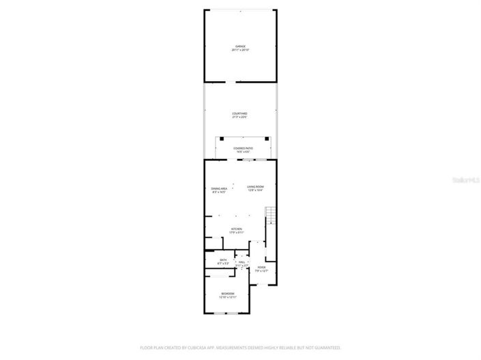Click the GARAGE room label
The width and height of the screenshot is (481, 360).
(x=240, y=46)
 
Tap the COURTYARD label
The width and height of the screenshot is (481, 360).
(x=239, y=113)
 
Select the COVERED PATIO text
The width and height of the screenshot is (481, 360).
(x=243, y=148)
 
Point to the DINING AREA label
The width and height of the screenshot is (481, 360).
(x=218, y=188)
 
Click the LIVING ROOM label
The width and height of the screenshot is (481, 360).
(x=255, y=186)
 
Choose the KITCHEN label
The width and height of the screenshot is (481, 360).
(x=237, y=229)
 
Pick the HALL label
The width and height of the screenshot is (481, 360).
(x=242, y=261)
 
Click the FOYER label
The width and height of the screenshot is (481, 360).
(x=261, y=267)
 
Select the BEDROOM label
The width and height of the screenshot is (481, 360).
(x=227, y=293)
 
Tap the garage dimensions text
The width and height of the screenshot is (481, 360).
(x=240, y=50)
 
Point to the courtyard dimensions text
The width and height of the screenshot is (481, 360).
(x=239, y=117)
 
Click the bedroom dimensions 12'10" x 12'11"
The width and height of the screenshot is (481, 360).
(x=227, y=297)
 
